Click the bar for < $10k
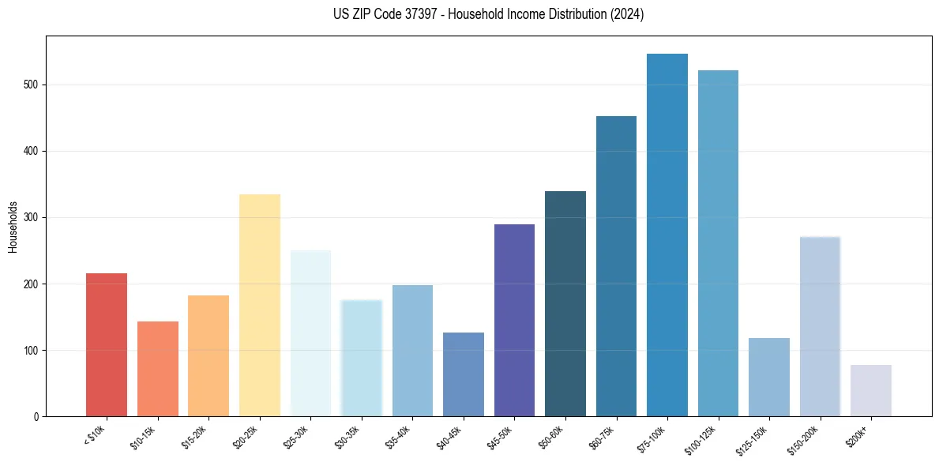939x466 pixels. point(107,344)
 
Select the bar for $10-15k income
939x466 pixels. point(157,368)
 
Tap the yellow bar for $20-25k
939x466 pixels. point(259,305)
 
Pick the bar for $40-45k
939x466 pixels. point(463,374)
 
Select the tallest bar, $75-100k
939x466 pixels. point(667,235)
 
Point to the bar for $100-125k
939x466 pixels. point(718,243)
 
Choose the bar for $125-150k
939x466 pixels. point(768,377)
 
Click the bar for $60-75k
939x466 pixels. point(616,266)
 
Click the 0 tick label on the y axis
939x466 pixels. point(36,416)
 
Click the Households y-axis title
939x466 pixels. point(13,226)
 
